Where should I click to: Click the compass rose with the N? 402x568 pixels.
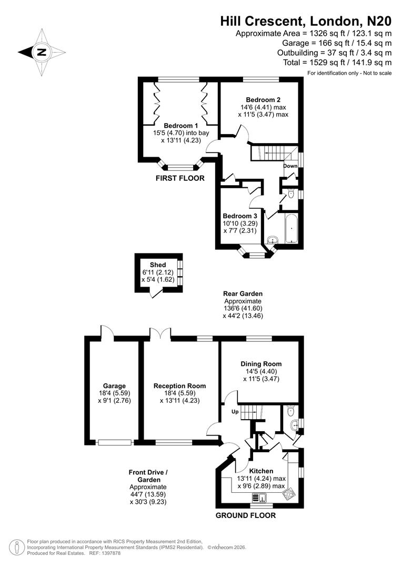[41, 52]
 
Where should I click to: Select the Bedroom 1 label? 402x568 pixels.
[180, 126]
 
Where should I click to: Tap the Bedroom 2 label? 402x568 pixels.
[263, 100]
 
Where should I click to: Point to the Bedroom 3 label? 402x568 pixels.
[240, 216]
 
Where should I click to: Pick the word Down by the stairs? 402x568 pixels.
[290, 166]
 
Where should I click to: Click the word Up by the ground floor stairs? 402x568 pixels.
[235, 412]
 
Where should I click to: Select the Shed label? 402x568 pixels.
[158, 265]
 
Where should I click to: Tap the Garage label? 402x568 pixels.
[114, 386]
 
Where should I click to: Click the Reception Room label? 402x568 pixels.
[179, 386]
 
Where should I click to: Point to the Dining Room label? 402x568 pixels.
[261, 364]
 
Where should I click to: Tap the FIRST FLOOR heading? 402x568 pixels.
[179, 178]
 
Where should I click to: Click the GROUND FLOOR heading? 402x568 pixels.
[245, 515]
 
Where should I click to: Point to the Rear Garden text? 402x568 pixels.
[243, 293]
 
